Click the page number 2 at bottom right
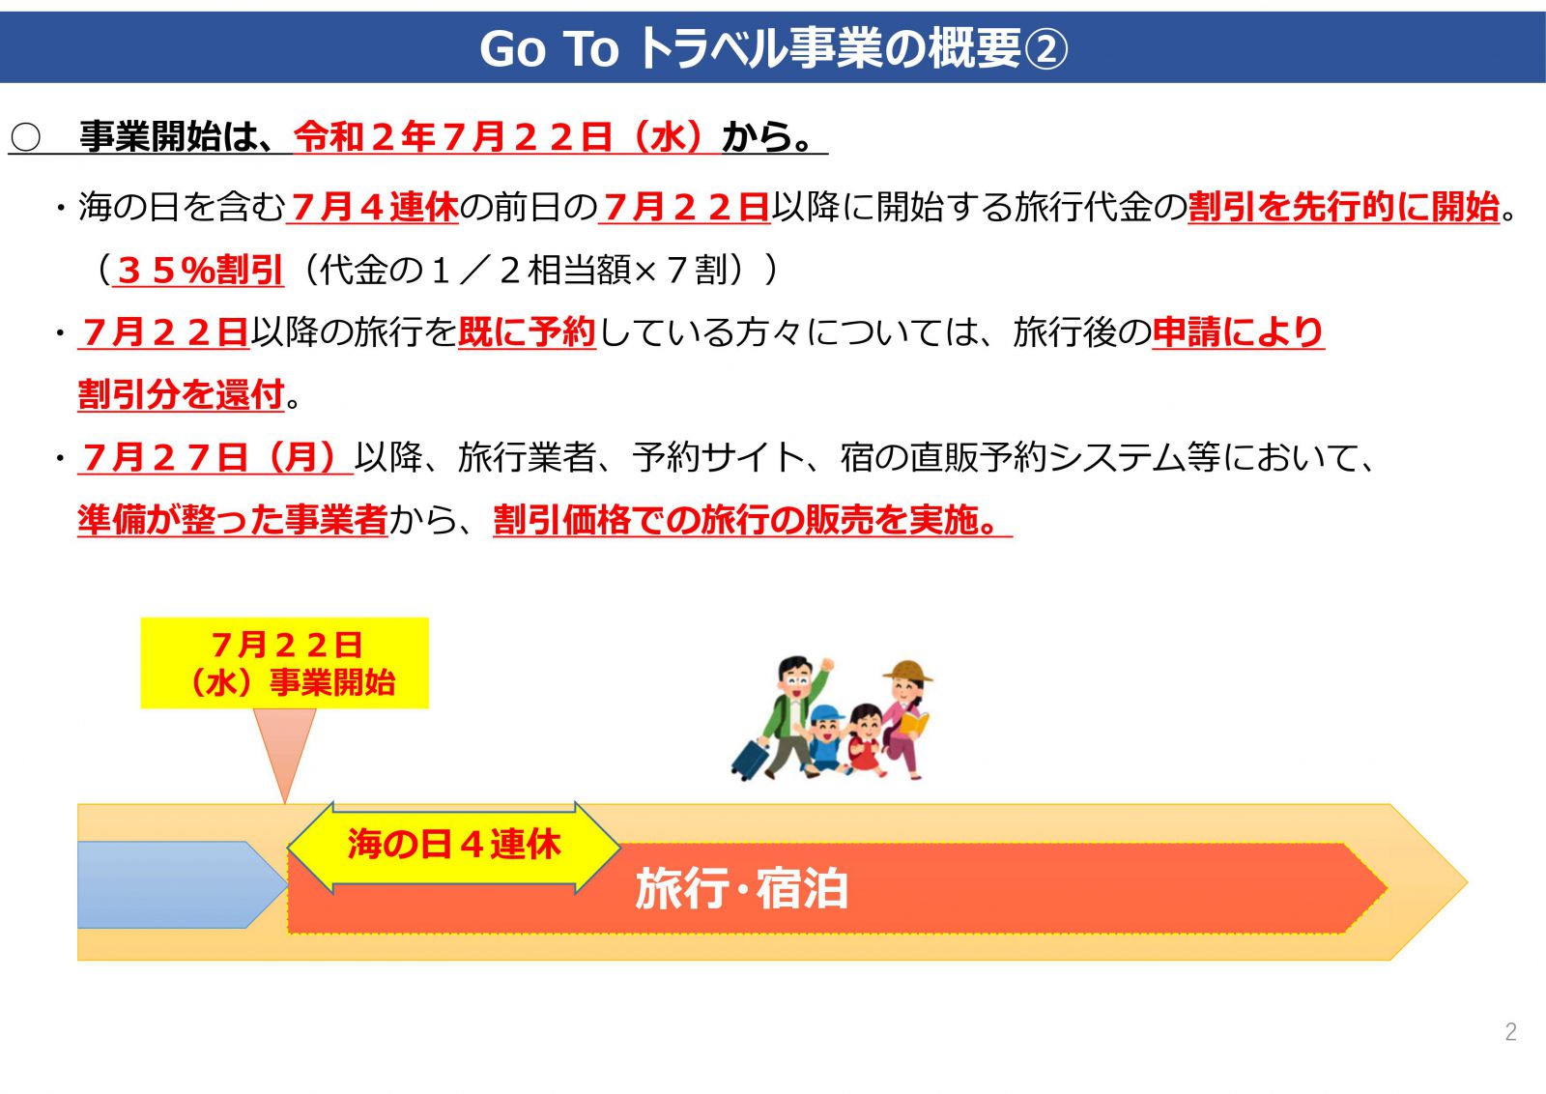[x=1511, y=1031]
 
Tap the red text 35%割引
[x=199, y=270]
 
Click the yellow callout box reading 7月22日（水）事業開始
[x=284, y=663]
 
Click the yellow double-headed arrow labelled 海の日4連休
[x=453, y=848]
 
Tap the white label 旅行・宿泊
[x=740, y=888]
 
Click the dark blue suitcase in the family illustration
[x=750, y=760]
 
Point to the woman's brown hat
[x=907, y=671]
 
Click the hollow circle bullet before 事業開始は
[x=25, y=137]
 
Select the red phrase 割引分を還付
[x=181, y=395]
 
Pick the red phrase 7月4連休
[x=373, y=207]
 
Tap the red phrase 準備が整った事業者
[x=233, y=520]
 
